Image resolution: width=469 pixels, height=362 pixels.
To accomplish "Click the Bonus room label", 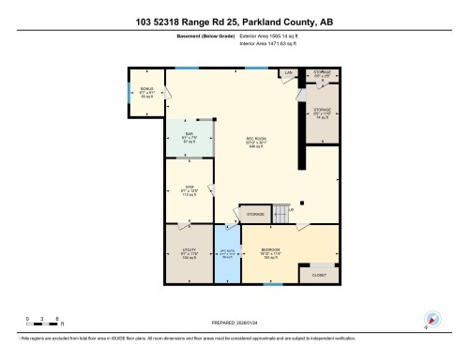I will (146, 94).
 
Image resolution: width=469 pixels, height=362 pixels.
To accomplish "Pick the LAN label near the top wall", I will (290, 72).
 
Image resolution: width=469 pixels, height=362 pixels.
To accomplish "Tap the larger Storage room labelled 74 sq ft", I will (322, 113).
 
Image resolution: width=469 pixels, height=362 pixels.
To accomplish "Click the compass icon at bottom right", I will (432, 319).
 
